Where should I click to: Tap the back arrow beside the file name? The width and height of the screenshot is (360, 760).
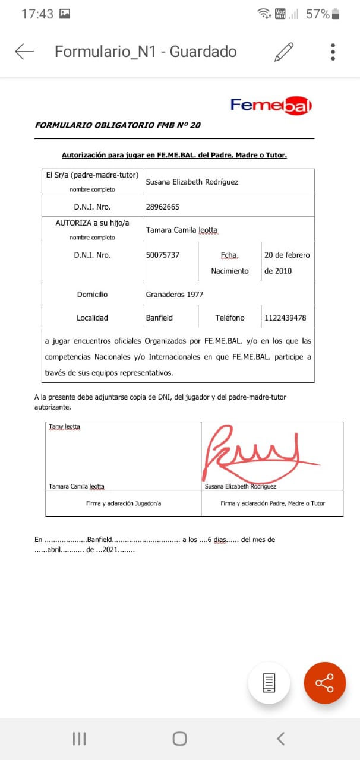[24, 52]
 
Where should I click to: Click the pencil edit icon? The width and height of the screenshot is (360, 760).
[284, 52]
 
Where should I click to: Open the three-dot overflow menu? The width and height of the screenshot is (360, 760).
[333, 52]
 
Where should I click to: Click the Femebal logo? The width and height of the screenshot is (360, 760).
[271, 106]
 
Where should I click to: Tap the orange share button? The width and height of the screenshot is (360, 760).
[325, 683]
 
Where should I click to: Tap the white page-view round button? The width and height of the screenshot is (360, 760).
[269, 683]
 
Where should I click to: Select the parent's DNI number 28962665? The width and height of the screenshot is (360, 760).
[162, 207]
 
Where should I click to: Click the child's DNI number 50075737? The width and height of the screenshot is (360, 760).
[162, 255]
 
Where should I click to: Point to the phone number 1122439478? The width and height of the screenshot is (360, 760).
[285, 318]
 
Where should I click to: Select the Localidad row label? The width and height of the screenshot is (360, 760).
[92, 318]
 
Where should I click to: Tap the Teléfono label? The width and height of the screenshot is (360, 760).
[229, 318]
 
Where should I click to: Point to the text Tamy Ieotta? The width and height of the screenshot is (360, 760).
[64, 426]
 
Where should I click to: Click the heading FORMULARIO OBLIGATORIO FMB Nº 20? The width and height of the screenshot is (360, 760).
[118, 125]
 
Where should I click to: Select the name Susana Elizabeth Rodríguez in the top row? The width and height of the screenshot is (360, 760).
[192, 182]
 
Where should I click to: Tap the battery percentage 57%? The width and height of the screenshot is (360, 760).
[317, 14]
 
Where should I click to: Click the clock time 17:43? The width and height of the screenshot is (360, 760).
[37, 14]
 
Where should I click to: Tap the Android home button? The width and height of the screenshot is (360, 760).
[179, 739]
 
